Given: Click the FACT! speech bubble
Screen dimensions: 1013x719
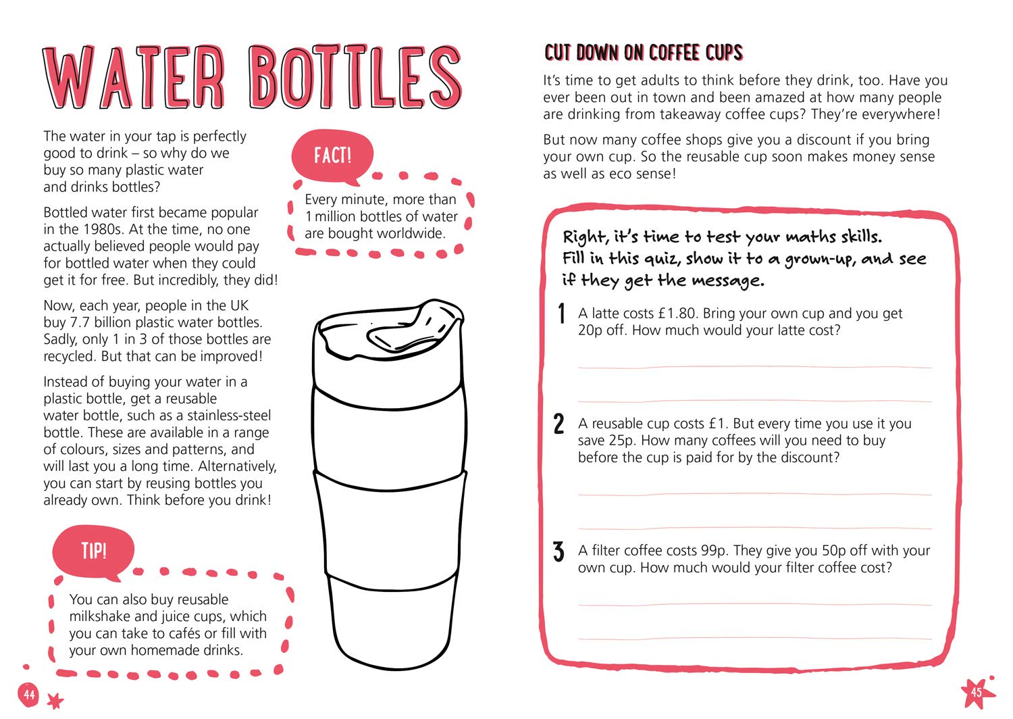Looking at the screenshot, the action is click(332, 156).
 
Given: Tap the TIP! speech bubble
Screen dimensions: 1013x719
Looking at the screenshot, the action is click(94, 551).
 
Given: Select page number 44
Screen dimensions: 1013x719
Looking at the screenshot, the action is click(29, 694).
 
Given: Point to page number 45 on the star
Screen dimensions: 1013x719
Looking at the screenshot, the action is click(976, 692).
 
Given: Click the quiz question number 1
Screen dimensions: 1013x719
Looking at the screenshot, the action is click(562, 313).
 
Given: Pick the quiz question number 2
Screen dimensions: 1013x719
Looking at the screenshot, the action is click(559, 424).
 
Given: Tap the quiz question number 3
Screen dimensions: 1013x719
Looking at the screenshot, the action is click(559, 551).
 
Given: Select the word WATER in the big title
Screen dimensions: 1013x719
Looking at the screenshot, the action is click(134, 77).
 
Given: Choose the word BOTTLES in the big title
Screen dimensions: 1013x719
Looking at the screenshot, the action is click(355, 77).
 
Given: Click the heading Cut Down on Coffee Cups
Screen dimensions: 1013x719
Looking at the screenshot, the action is click(643, 53).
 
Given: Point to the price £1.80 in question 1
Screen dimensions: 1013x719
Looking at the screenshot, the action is click(676, 313).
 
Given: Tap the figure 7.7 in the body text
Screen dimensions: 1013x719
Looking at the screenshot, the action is click(80, 322).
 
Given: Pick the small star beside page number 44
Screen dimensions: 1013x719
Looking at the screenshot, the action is click(55, 701).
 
